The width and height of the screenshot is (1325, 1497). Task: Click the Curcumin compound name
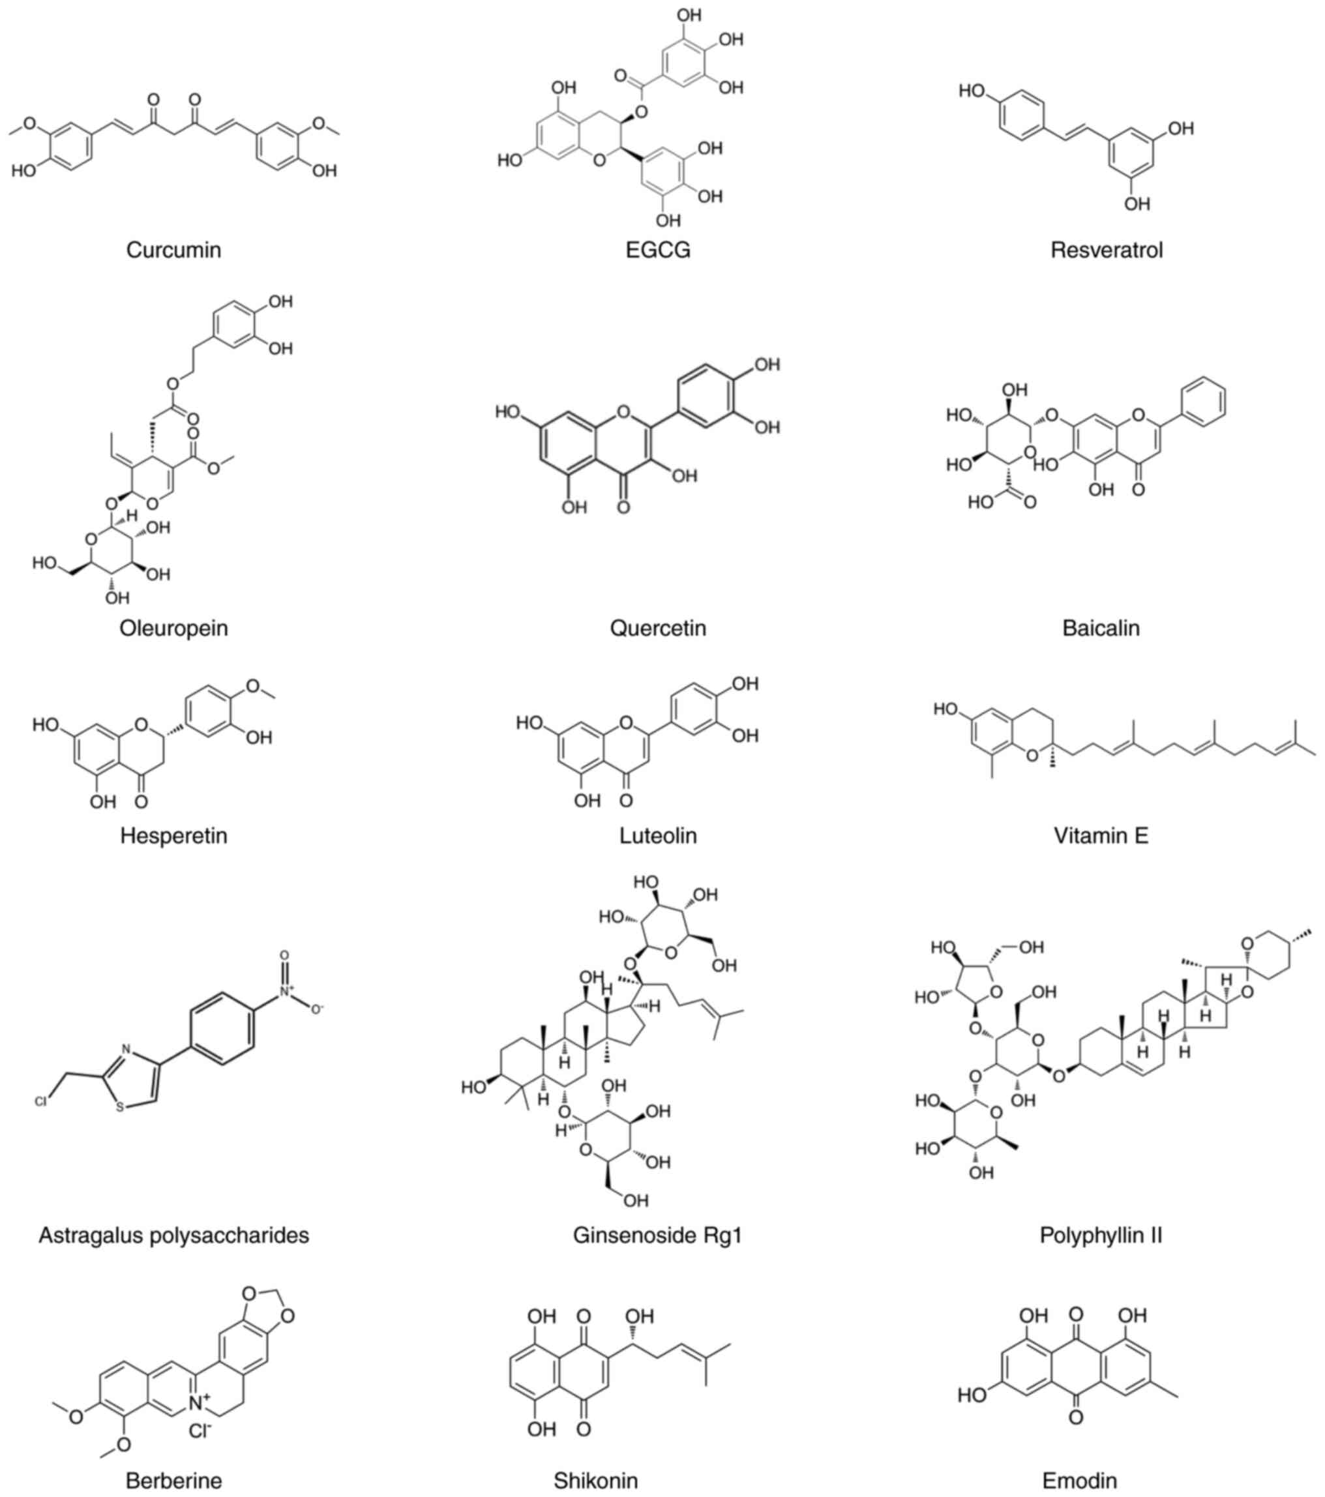click(173, 250)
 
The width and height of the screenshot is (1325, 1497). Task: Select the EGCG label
click(657, 250)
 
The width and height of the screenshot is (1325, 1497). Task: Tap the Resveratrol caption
click(1106, 250)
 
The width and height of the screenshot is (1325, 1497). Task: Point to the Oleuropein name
click(173, 628)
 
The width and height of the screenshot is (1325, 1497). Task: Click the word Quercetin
click(657, 628)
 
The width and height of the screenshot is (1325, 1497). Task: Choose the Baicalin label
click(1101, 628)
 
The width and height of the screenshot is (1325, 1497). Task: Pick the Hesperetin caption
click(173, 835)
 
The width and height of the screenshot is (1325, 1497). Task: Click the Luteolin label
click(657, 835)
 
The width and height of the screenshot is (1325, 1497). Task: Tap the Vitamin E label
click(1101, 835)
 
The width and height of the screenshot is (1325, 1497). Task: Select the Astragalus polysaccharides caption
click(173, 1236)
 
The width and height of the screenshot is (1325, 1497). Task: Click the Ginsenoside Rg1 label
click(657, 1236)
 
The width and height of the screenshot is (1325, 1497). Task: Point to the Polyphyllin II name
click(1101, 1236)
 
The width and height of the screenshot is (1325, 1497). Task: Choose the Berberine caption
click(173, 1480)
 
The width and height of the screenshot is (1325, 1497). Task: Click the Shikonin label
click(595, 1480)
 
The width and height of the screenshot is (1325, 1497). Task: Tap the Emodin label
click(1080, 1480)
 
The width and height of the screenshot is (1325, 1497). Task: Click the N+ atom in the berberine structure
click(198, 1402)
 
